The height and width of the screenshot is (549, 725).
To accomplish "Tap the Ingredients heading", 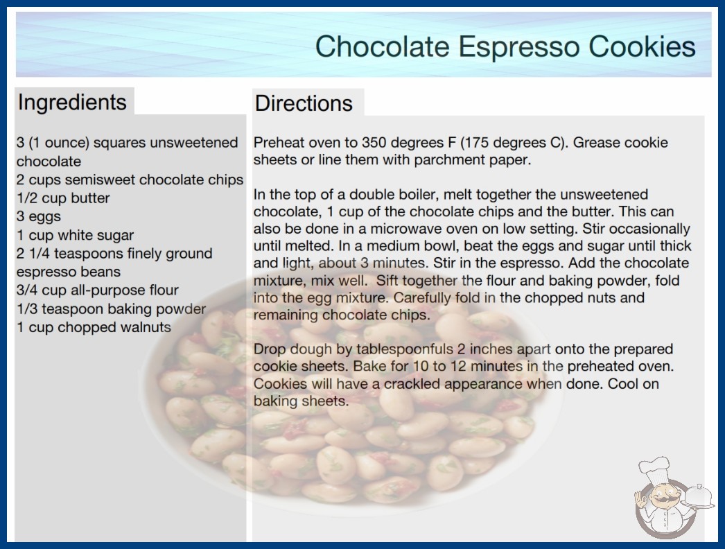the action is click(x=72, y=103).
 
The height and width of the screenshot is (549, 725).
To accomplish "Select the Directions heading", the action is click(x=304, y=103).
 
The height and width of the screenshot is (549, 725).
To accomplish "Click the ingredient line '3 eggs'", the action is click(x=39, y=216).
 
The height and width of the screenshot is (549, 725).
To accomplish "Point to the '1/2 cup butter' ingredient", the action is click(x=63, y=198).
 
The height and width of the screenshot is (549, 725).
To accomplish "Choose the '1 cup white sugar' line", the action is click(x=76, y=235).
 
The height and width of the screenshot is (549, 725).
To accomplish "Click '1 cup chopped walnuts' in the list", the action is click(x=94, y=327).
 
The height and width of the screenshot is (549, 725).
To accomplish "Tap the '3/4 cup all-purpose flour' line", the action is click(x=98, y=290).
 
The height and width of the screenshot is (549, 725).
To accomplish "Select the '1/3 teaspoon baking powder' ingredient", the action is click(x=111, y=309).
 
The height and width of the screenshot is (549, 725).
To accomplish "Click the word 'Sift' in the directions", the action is click(x=387, y=281).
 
